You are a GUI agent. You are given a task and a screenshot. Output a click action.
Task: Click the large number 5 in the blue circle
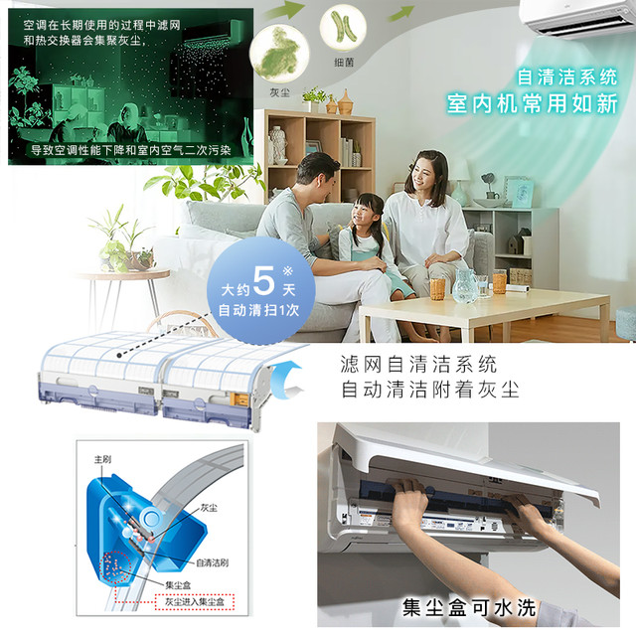point(263,280)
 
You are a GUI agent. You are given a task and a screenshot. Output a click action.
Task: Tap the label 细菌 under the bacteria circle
point(344,62)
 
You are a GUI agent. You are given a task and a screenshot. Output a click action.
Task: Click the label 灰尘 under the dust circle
point(280,92)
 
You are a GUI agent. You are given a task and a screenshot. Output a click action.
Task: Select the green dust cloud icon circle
point(279,54)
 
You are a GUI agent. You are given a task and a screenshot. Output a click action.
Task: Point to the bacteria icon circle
point(343,27)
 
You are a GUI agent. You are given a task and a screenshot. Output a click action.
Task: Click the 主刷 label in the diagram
point(102,459)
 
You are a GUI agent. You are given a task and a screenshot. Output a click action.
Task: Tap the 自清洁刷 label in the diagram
point(212,562)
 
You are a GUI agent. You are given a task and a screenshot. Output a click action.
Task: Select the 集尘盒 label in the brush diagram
point(178,585)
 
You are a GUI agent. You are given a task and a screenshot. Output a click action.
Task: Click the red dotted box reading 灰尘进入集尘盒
point(195,601)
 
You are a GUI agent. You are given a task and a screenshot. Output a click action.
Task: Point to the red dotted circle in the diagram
point(115,566)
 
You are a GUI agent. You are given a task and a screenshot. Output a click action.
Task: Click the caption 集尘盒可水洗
point(469,608)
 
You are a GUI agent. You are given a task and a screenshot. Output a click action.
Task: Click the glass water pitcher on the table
point(464,285)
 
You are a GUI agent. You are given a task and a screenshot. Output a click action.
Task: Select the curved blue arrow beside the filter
point(286,380)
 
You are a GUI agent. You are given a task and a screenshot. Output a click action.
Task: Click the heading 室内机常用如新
point(533,103)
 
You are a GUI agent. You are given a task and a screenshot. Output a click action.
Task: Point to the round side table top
point(121,274)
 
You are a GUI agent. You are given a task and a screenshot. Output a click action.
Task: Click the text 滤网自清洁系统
point(418,364)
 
